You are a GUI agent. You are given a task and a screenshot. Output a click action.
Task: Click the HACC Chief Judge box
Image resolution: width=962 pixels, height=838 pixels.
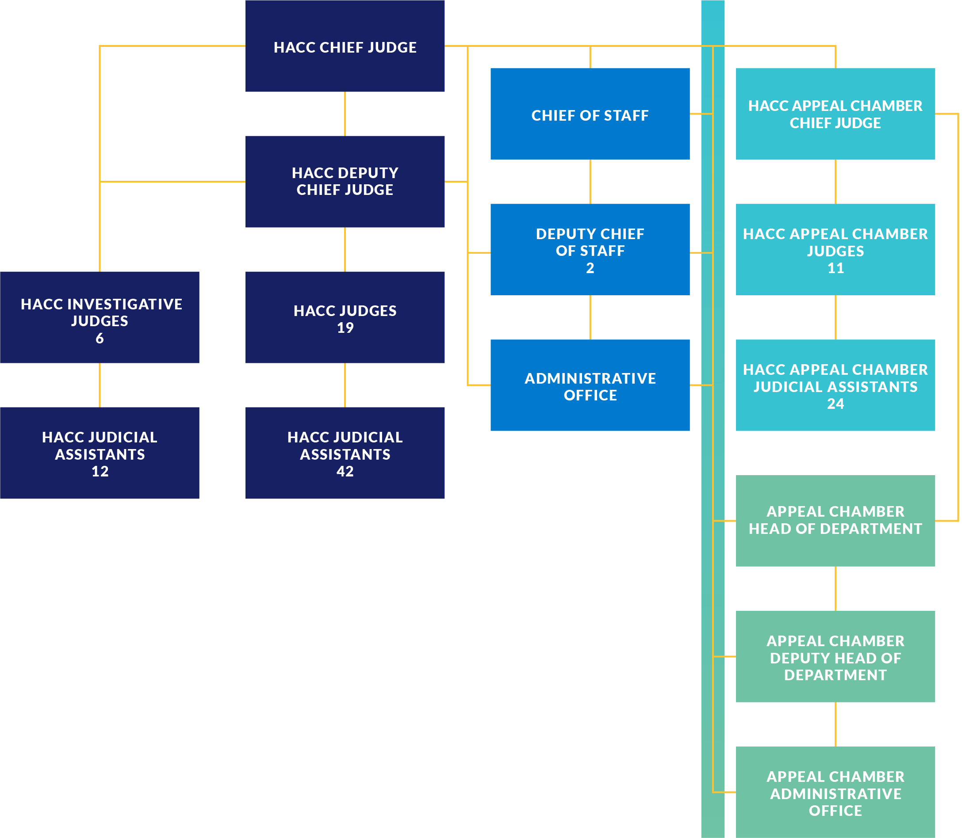[345, 47]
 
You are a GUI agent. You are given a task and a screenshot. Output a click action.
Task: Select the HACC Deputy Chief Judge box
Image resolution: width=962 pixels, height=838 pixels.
[345, 182]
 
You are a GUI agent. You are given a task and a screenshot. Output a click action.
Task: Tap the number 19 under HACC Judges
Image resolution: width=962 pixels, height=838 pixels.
[345, 328]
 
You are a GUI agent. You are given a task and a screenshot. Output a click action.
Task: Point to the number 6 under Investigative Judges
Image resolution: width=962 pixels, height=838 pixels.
[100, 338]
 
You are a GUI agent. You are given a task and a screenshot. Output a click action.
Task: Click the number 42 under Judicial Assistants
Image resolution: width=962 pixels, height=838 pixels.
[345, 471]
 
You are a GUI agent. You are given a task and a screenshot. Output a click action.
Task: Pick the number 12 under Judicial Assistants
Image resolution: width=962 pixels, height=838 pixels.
[100, 471]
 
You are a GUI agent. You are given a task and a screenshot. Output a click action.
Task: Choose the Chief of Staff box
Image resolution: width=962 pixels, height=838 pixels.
[590, 114]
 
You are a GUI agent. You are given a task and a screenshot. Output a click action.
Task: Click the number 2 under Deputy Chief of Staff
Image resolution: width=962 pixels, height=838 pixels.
[590, 268]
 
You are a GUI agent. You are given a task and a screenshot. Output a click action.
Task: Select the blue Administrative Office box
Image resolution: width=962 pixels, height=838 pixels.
[590, 386]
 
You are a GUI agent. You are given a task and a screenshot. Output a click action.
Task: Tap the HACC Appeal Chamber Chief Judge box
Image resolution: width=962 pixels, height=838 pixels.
[835, 114]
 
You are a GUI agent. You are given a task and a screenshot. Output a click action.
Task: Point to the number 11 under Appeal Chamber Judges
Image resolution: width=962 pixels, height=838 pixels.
[836, 268]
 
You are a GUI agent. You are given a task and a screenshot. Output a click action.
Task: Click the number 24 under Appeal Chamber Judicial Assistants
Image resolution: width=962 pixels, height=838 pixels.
[836, 404]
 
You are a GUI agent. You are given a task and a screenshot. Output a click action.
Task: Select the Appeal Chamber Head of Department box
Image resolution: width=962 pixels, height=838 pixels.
[835, 520]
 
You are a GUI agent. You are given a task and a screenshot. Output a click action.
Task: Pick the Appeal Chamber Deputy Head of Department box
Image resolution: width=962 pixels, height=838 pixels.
[835, 657]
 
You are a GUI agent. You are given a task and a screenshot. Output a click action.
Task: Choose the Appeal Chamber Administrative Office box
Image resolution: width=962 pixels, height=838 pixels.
[835, 793]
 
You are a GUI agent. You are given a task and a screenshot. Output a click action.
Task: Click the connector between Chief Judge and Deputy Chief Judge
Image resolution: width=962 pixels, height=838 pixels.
[345, 114]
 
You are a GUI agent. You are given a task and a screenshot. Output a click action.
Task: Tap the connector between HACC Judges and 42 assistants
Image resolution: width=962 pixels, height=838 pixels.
[345, 385]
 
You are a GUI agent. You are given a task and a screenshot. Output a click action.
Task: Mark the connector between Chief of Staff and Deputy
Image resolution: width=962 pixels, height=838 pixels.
[590, 182]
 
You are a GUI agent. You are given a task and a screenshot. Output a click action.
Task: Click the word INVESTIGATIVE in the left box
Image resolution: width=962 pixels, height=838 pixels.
[124, 305]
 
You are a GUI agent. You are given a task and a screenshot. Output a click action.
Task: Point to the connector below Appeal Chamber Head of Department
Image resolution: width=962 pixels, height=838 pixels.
[836, 588]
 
